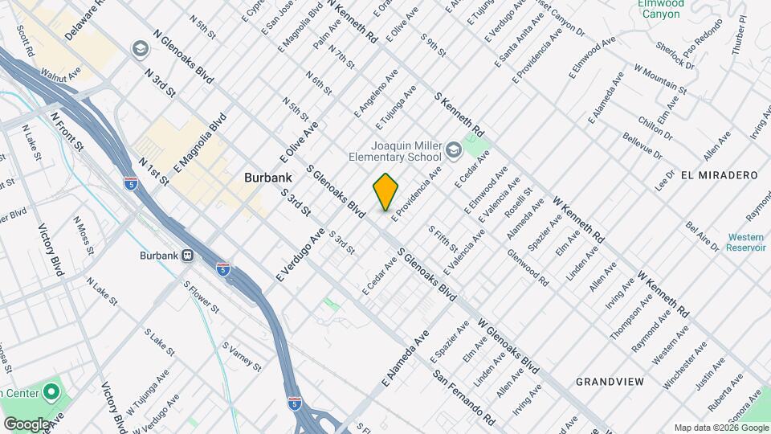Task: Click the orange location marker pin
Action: pyautogui.click(x=385, y=190)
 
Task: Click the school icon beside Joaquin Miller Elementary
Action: pyautogui.click(x=454, y=150)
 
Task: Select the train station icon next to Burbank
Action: pyautogui.click(x=188, y=256)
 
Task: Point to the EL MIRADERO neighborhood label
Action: pyautogui.click(x=719, y=175)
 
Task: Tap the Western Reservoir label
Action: pyautogui.click(x=746, y=242)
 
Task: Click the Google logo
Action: pyautogui.click(x=27, y=424)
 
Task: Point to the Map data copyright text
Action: pyautogui.click(x=720, y=428)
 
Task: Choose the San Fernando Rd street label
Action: pyautogui.click(x=463, y=398)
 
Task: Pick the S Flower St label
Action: pyautogui.click(x=201, y=297)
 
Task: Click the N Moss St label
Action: pyautogui.click(x=84, y=231)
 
